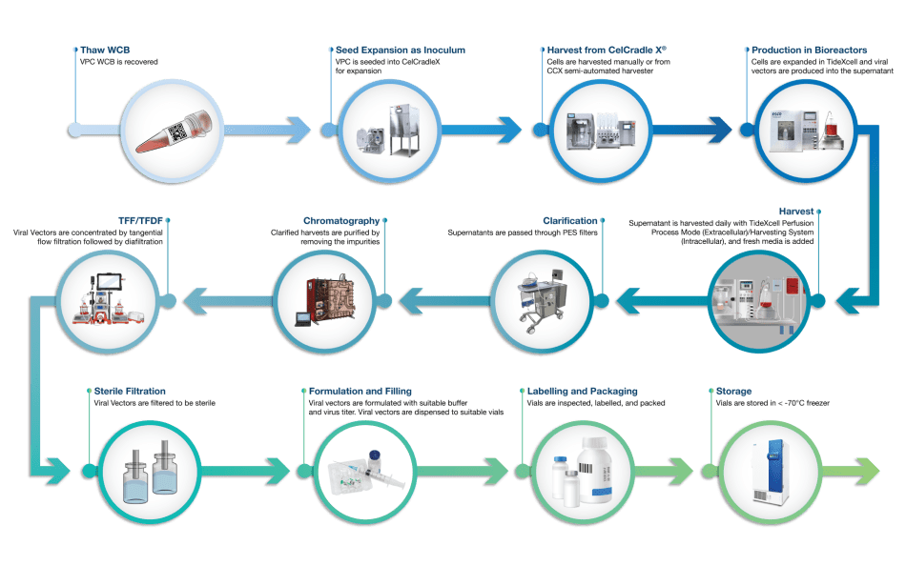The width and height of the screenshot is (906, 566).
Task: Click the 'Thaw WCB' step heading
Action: click(99, 50)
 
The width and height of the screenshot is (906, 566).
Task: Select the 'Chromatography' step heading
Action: click(342, 221)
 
